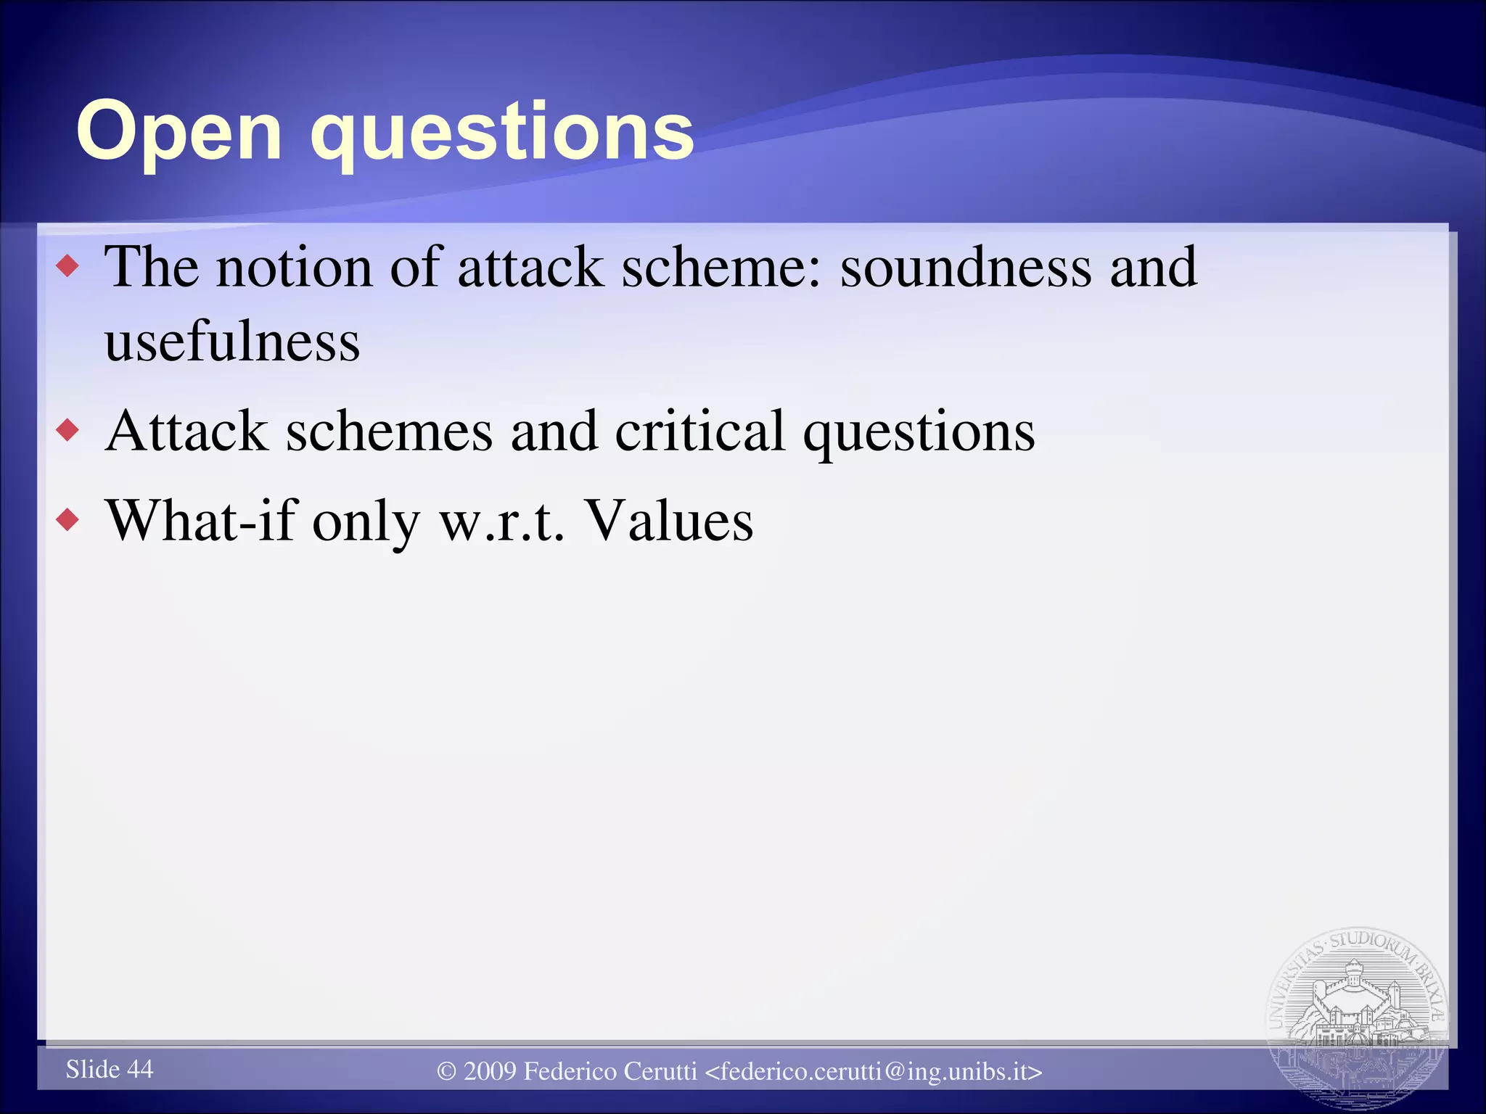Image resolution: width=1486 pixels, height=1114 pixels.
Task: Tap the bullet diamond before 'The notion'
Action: (x=67, y=267)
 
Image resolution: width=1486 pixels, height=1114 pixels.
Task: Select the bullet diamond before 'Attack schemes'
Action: (x=67, y=431)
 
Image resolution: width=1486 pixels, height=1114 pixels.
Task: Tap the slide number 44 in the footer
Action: (x=140, y=1069)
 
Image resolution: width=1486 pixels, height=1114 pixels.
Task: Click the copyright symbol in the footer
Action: (x=447, y=1071)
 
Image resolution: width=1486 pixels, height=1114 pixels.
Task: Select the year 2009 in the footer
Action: (x=490, y=1071)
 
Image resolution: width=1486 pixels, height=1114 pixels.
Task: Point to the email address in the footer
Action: (x=874, y=1071)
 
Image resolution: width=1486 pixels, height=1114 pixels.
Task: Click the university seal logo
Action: (x=1357, y=1015)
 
